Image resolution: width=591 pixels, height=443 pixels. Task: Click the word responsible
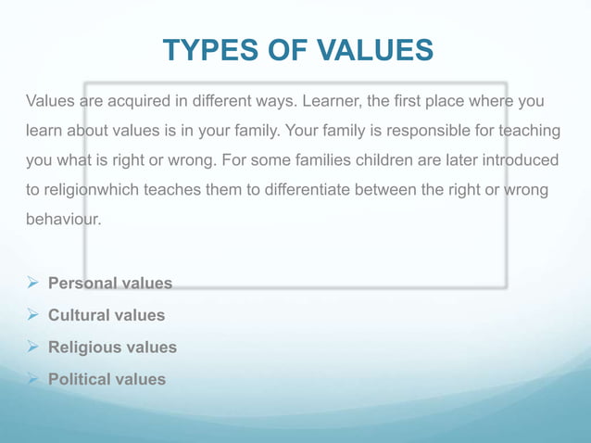pos(420,131)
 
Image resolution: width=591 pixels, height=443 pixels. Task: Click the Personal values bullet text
pos(110,284)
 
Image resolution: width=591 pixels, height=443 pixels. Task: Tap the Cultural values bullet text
pos(107,315)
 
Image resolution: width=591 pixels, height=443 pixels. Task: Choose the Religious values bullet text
pos(112,348)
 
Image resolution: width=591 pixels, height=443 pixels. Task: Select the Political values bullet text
pos(107,379)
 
